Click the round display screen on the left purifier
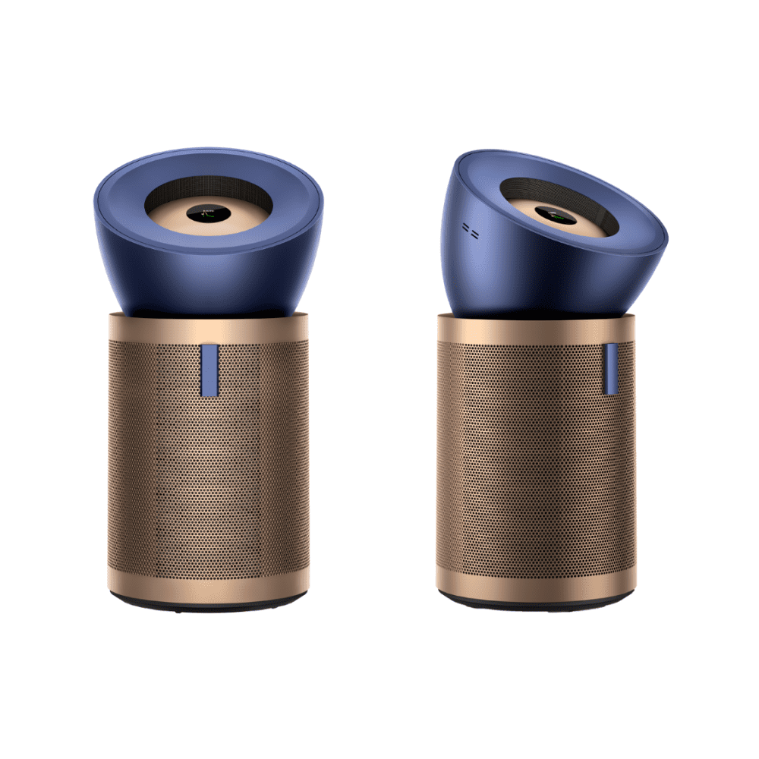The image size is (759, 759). tap(208, 214)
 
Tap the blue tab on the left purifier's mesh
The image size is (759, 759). tap(210, 370)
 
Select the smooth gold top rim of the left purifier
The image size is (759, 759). tap(209, 328)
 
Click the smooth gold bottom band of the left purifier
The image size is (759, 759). tap(209, 584)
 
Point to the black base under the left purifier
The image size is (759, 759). tap(209, 606)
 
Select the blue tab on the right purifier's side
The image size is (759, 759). tap(611, 368)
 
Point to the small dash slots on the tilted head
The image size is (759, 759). tap(470, 231)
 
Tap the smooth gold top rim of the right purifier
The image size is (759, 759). tap(531, 328)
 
